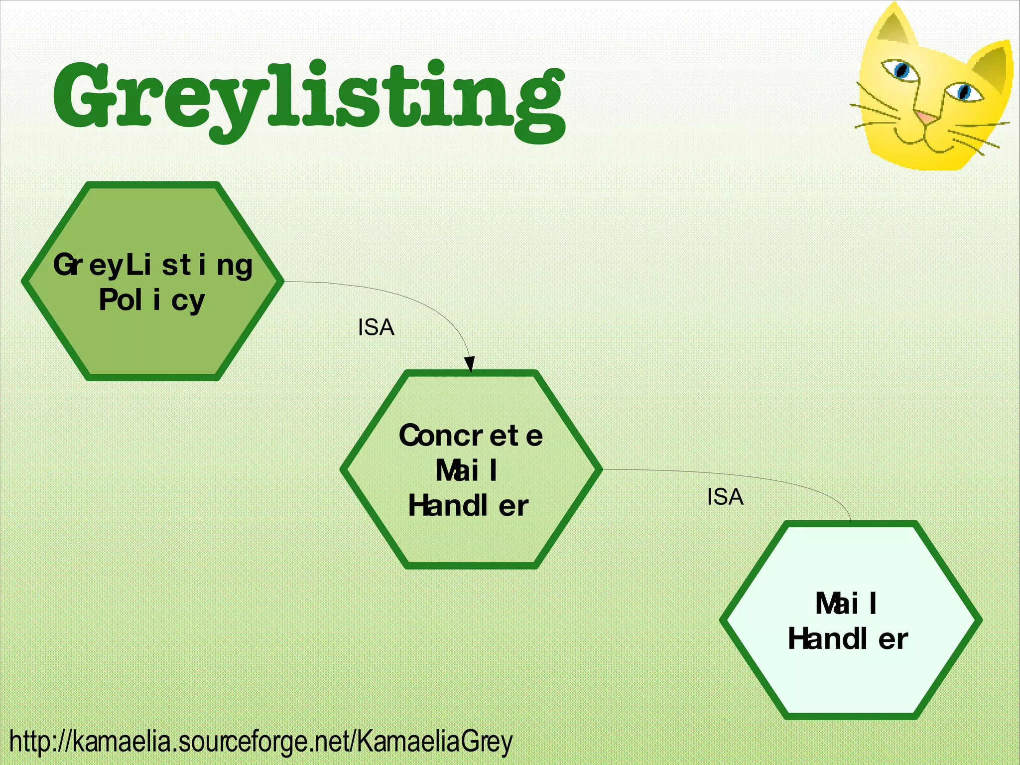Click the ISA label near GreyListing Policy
376,328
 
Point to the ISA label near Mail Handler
725,497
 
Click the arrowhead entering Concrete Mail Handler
469,364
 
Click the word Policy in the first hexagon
152,300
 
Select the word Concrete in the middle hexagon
471,435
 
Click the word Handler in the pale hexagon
848,639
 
